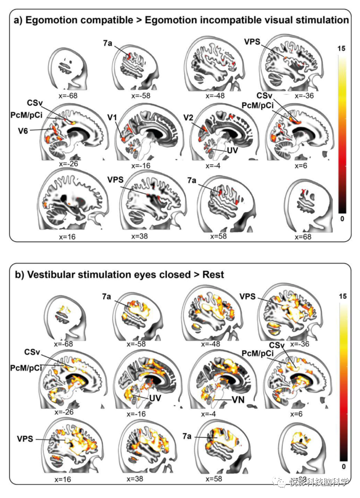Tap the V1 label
pyautogui.click(x=112, y=117)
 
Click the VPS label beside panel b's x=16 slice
pyautogui.click(x=24, y=438)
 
